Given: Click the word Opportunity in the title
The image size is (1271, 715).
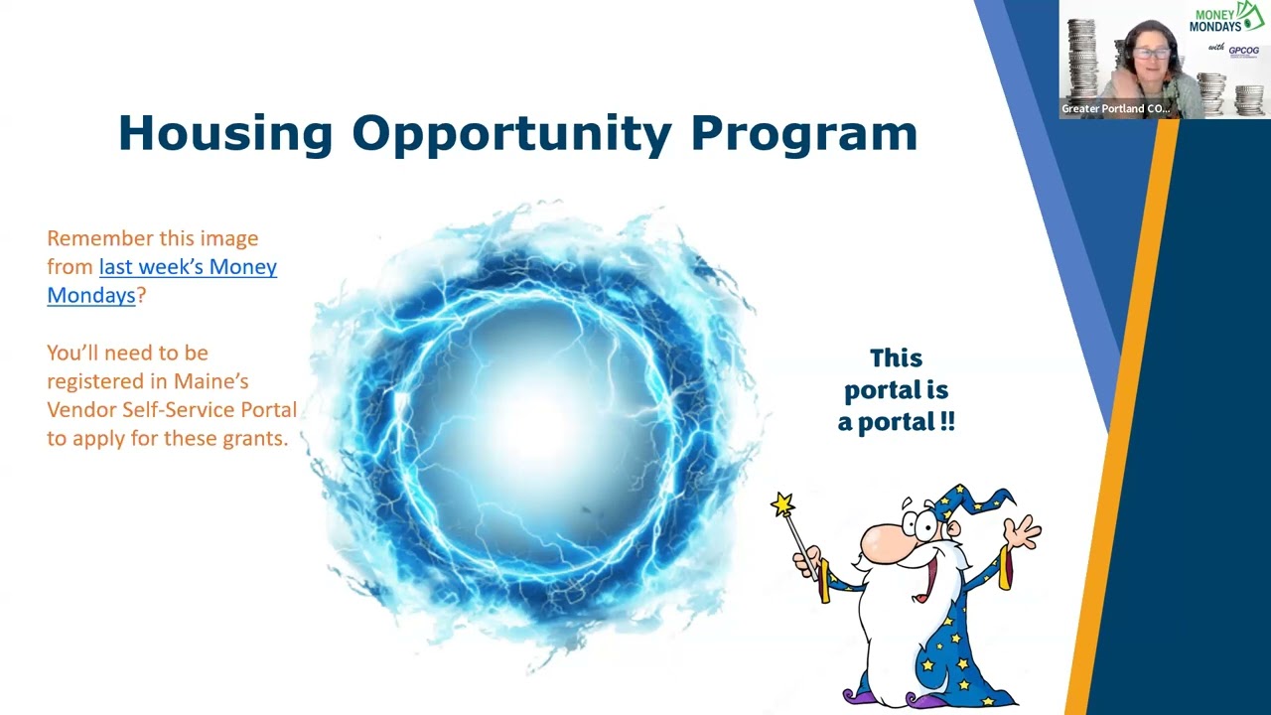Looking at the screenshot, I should point(511,134).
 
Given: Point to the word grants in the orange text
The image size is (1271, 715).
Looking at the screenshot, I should point(251,438).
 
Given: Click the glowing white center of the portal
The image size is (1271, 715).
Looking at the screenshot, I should point(536,422).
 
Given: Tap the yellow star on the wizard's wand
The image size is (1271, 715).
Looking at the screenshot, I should point(783,504).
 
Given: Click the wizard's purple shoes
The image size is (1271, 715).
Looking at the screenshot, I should point(874,696).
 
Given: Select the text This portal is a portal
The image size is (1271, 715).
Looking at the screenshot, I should point(896,390).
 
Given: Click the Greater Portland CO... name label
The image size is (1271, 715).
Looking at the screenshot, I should point(1115,108).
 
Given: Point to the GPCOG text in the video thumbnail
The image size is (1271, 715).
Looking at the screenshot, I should point(1243,51).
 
